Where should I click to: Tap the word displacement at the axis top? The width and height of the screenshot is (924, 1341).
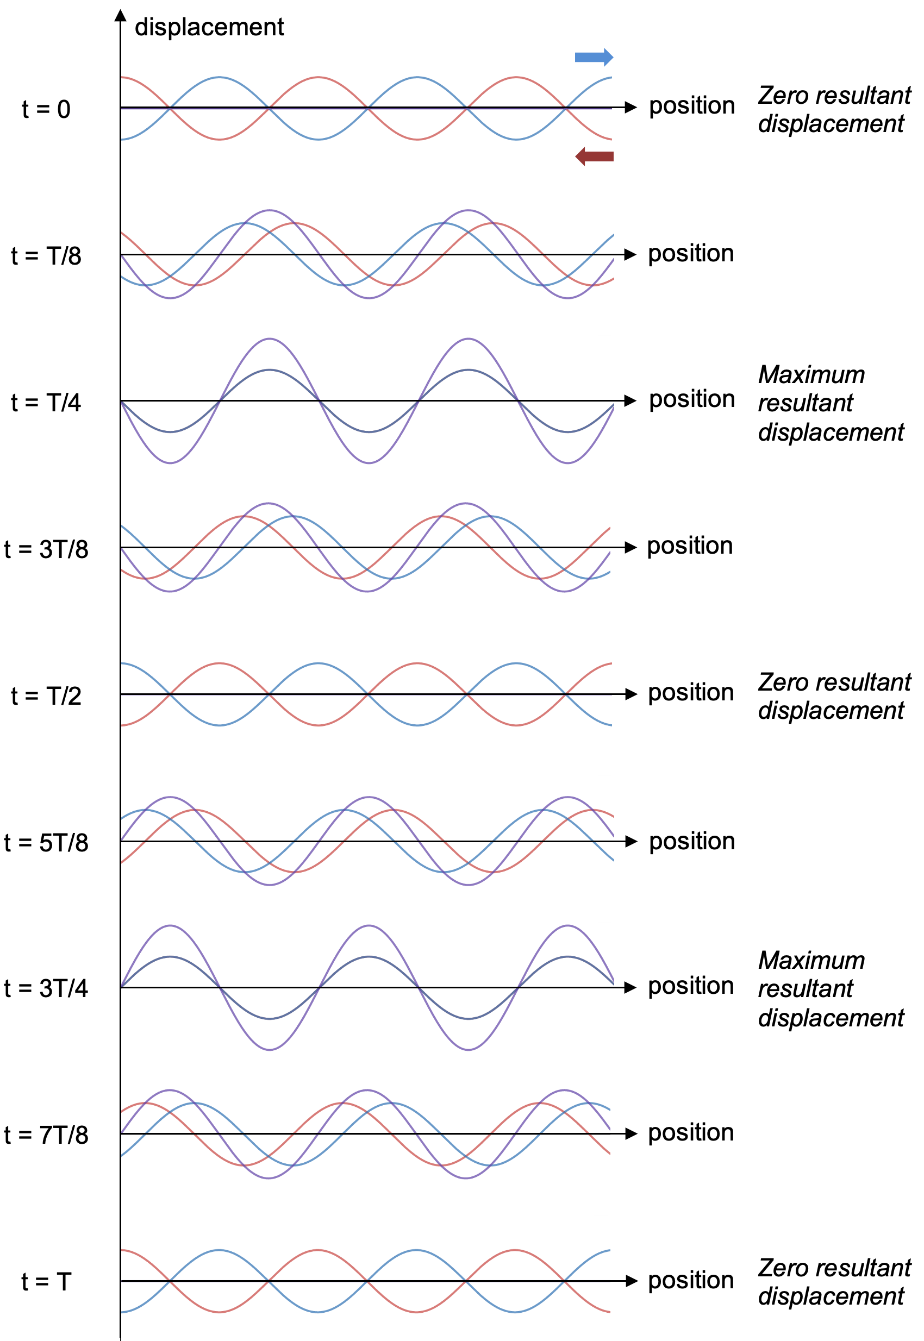(x=209, y=27)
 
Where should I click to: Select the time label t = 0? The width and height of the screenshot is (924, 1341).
(x=46, y=109)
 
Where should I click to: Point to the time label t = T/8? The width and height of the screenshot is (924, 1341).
(x=46, y=256)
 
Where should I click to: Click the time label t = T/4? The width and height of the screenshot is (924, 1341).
(x=46, y=402)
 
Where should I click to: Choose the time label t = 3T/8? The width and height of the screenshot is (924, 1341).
(x=46, y=549)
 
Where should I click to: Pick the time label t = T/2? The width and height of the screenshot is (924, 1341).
(x=46, y=695)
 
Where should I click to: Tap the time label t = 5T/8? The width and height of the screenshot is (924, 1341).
(x=46, y=843)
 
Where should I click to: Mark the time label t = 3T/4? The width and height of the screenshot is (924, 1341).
(x=46, y=988)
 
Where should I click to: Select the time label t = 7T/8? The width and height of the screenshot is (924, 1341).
(x=46, y=1135)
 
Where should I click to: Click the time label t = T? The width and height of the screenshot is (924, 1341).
(x=46, y=1282)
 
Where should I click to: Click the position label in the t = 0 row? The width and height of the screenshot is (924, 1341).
(x=692, y=106)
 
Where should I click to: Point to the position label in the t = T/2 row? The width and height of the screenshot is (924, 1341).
(x=691, y=693)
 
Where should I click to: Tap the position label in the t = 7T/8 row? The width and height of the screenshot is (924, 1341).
(x=691, y=1133)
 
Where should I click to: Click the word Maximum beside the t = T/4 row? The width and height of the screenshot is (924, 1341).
(x=811, y=374)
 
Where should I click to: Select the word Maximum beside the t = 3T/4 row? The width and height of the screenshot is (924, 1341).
(x=811, y=960)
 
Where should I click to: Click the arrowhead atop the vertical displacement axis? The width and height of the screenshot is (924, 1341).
(x=121, y=16)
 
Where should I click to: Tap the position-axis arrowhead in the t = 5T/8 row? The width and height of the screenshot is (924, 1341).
(x=631, y=842)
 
